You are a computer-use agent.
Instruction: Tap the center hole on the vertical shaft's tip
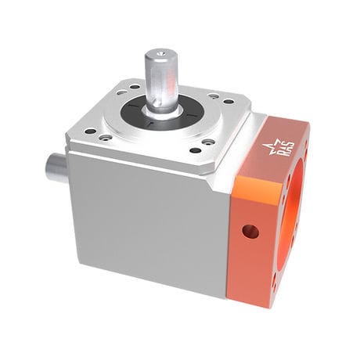[x=160, y=54]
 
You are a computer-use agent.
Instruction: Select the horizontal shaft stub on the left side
[x=57, y=167]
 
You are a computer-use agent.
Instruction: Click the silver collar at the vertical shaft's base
[x=162, y=110]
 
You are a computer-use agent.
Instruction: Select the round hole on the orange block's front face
[x=250, y=231]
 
